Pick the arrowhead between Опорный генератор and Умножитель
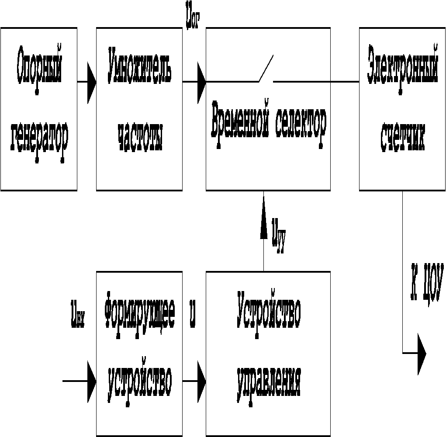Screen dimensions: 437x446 pos(91,82)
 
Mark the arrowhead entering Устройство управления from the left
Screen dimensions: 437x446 pos(201,381)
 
